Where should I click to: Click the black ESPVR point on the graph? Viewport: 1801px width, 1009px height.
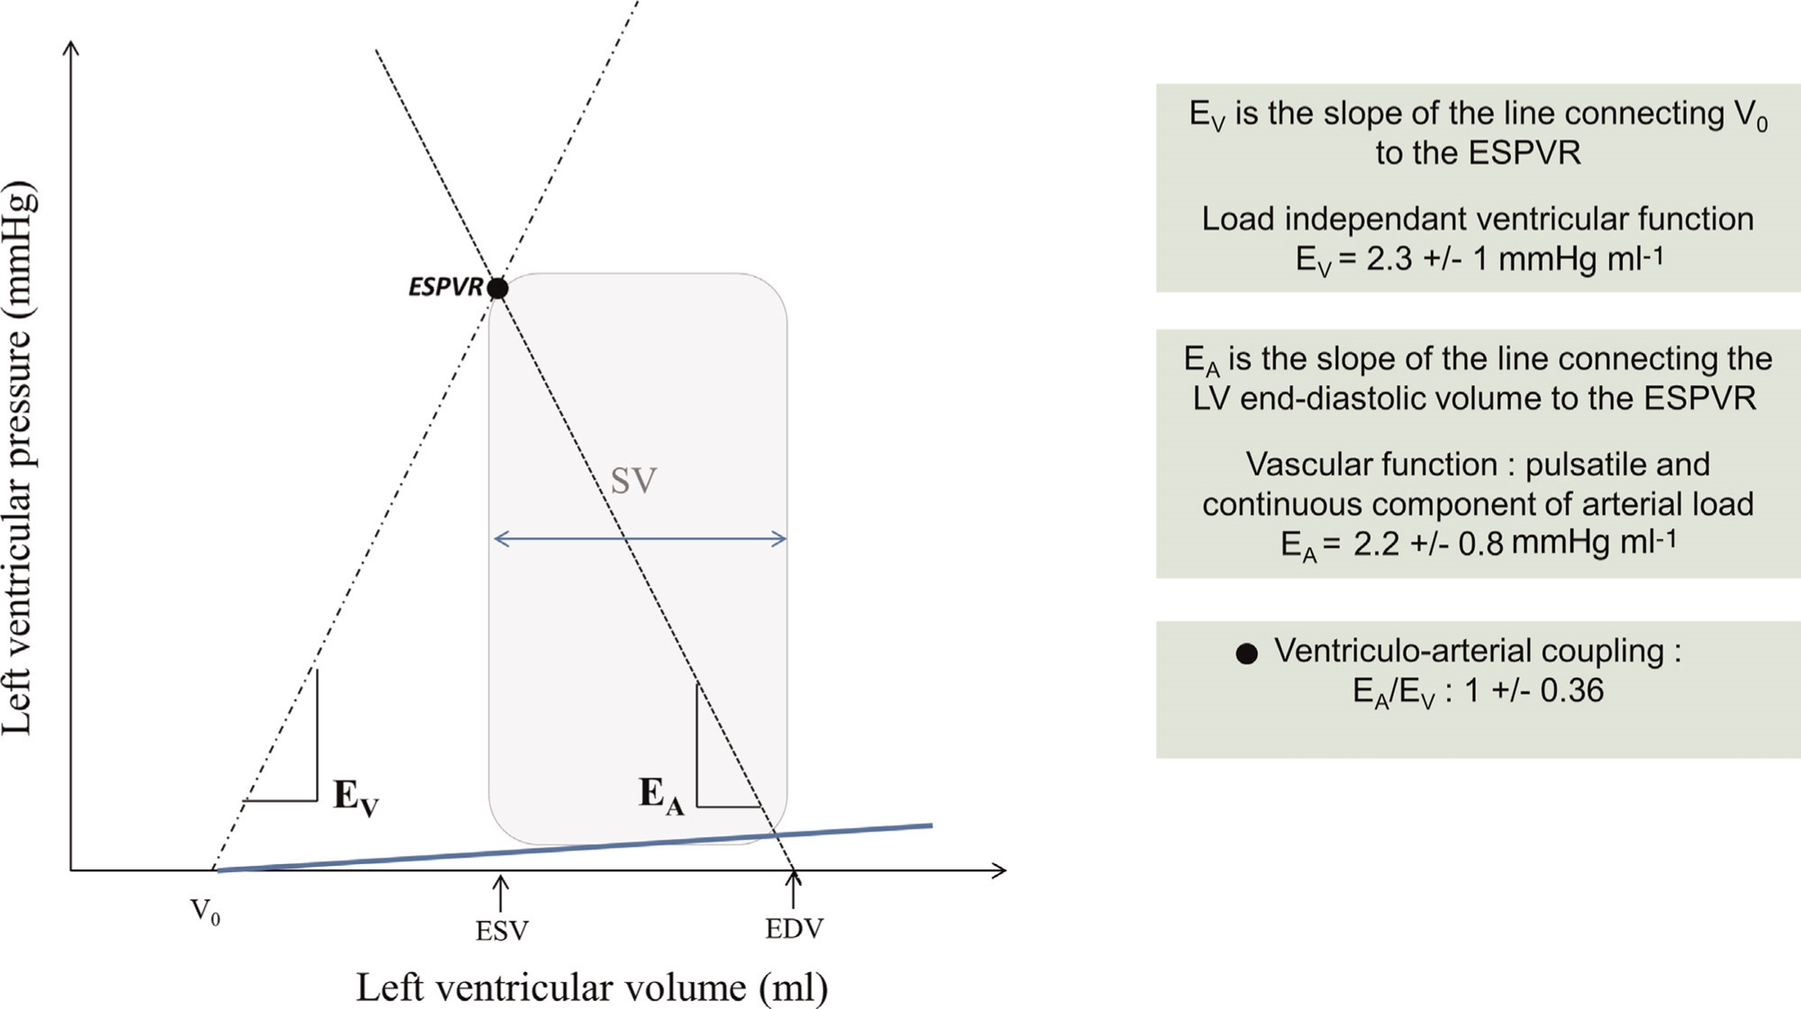pos(497,288)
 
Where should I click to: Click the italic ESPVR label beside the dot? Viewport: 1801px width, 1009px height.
pos(445,287)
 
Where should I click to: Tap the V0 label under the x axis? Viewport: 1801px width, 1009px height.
pos(205,911)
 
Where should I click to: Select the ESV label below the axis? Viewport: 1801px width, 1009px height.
pos(501,931)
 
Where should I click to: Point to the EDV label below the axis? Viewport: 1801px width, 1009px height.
pos(794,929)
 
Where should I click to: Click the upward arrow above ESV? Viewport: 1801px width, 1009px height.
pos(500,893)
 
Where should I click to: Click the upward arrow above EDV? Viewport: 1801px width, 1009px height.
pos(793,890)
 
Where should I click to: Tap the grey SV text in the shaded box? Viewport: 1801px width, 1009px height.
pos(633,481)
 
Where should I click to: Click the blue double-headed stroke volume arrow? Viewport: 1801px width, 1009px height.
pos(639,539)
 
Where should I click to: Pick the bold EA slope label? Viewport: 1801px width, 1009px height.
pos(661,795)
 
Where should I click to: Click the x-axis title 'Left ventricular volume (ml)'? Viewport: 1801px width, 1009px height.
pos(591,987)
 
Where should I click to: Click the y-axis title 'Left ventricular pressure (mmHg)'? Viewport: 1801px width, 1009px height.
pos(19,458)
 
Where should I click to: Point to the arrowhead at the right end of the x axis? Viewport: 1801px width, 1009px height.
pos(1000,870)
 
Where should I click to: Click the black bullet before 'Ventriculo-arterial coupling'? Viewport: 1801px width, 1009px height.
pos(1246,653)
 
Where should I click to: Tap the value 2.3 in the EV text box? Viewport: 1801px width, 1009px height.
pos(1390,259)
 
